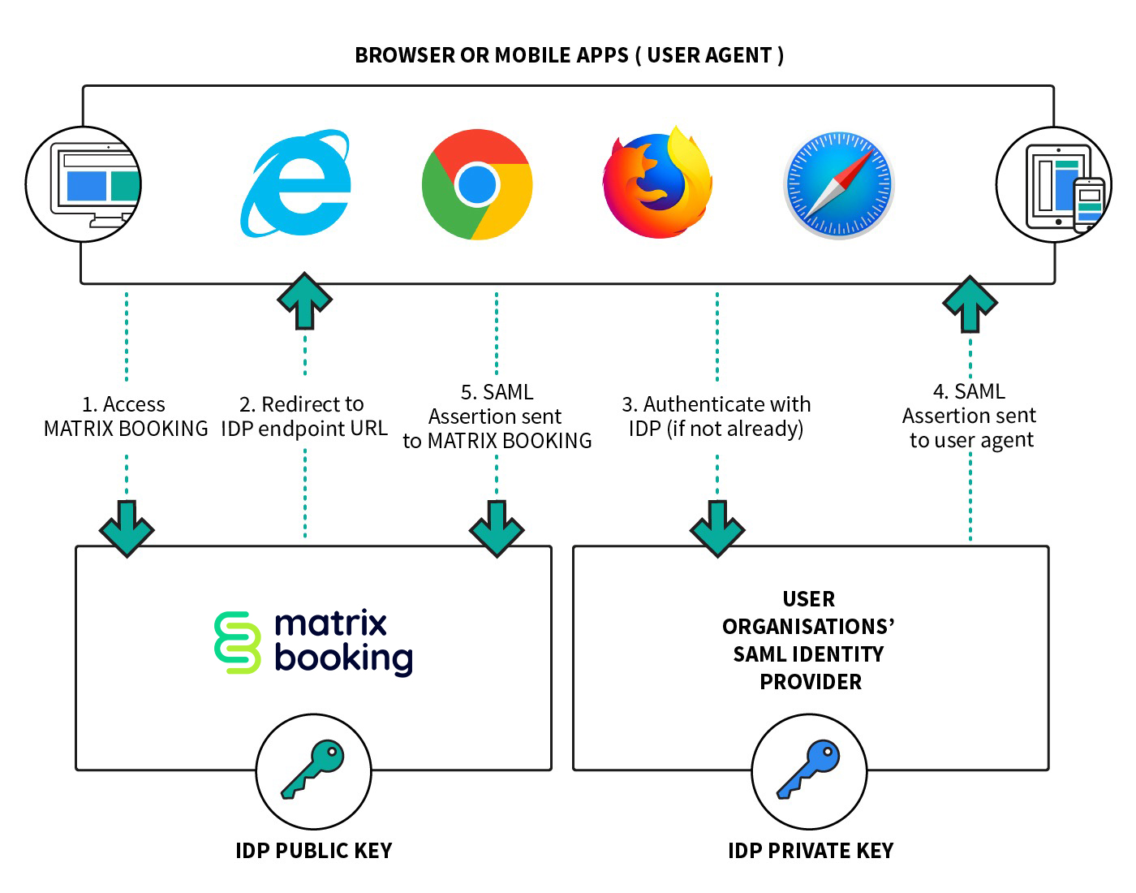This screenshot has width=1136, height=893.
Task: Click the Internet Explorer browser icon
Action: click(296, 183)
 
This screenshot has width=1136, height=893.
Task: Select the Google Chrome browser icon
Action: click(477, 184)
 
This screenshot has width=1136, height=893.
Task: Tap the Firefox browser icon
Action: click(657, 184)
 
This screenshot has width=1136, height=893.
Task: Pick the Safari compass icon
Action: click(838, 185)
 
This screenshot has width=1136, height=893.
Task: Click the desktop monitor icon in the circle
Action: click(84, 184)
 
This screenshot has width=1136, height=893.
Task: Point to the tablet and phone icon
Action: click(1053, 185)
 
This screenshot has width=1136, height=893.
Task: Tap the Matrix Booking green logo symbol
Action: click(237, 642)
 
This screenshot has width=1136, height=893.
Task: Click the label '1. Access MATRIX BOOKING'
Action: click(126, 416)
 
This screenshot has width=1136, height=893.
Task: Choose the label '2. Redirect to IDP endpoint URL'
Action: click(304, 416)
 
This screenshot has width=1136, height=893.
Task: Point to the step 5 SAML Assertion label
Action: click(497, 416)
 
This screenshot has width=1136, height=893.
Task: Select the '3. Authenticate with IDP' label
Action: click(716, 416)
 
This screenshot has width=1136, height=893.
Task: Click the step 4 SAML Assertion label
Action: click(970, 416)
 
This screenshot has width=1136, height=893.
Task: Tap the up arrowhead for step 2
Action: click(304, 297)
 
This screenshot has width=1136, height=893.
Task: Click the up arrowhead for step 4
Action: click(970, 300)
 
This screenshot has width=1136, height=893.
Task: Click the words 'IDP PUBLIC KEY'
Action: click(313, 851)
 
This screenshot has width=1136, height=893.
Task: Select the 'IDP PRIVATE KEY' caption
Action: click(810, 851)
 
